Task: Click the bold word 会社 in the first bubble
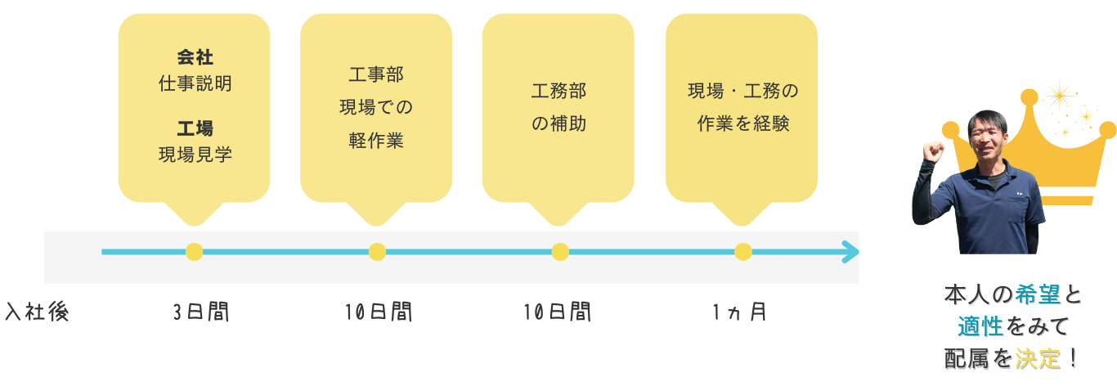click(195, 57)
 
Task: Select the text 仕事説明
click(195, 83)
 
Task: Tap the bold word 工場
click(195, 128)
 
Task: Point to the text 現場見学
click(195, 154)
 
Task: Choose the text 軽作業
click(376, 140)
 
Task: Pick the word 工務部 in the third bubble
click(558, 92)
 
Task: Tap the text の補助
click(558, 124)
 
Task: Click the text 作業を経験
click(742, 124)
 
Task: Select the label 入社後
click(36, 312)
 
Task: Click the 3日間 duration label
click(200, 312)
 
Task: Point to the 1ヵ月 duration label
click(738, 312)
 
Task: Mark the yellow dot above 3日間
click(194, 252)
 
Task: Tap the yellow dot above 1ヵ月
click(742, 252)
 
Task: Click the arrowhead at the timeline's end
click(851, 252)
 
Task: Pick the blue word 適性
click(980, 327)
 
